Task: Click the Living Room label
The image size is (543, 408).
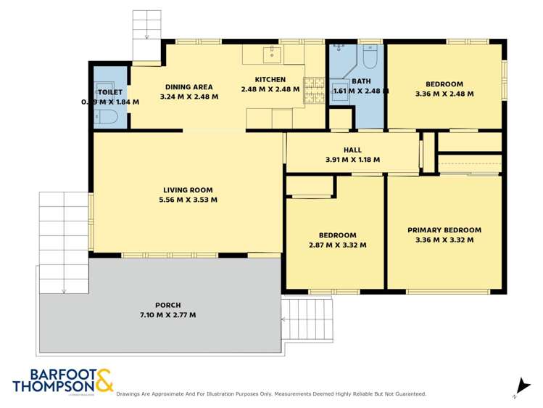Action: [188, 190]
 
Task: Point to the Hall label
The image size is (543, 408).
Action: [352, 150]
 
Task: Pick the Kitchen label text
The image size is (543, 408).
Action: [270, 80]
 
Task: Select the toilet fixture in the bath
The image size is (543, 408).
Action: [370, 57]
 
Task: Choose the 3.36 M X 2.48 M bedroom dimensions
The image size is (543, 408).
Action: [444, 94]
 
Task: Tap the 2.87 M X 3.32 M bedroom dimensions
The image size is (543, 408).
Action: [337, 245]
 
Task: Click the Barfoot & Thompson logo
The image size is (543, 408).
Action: [62, 381]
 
